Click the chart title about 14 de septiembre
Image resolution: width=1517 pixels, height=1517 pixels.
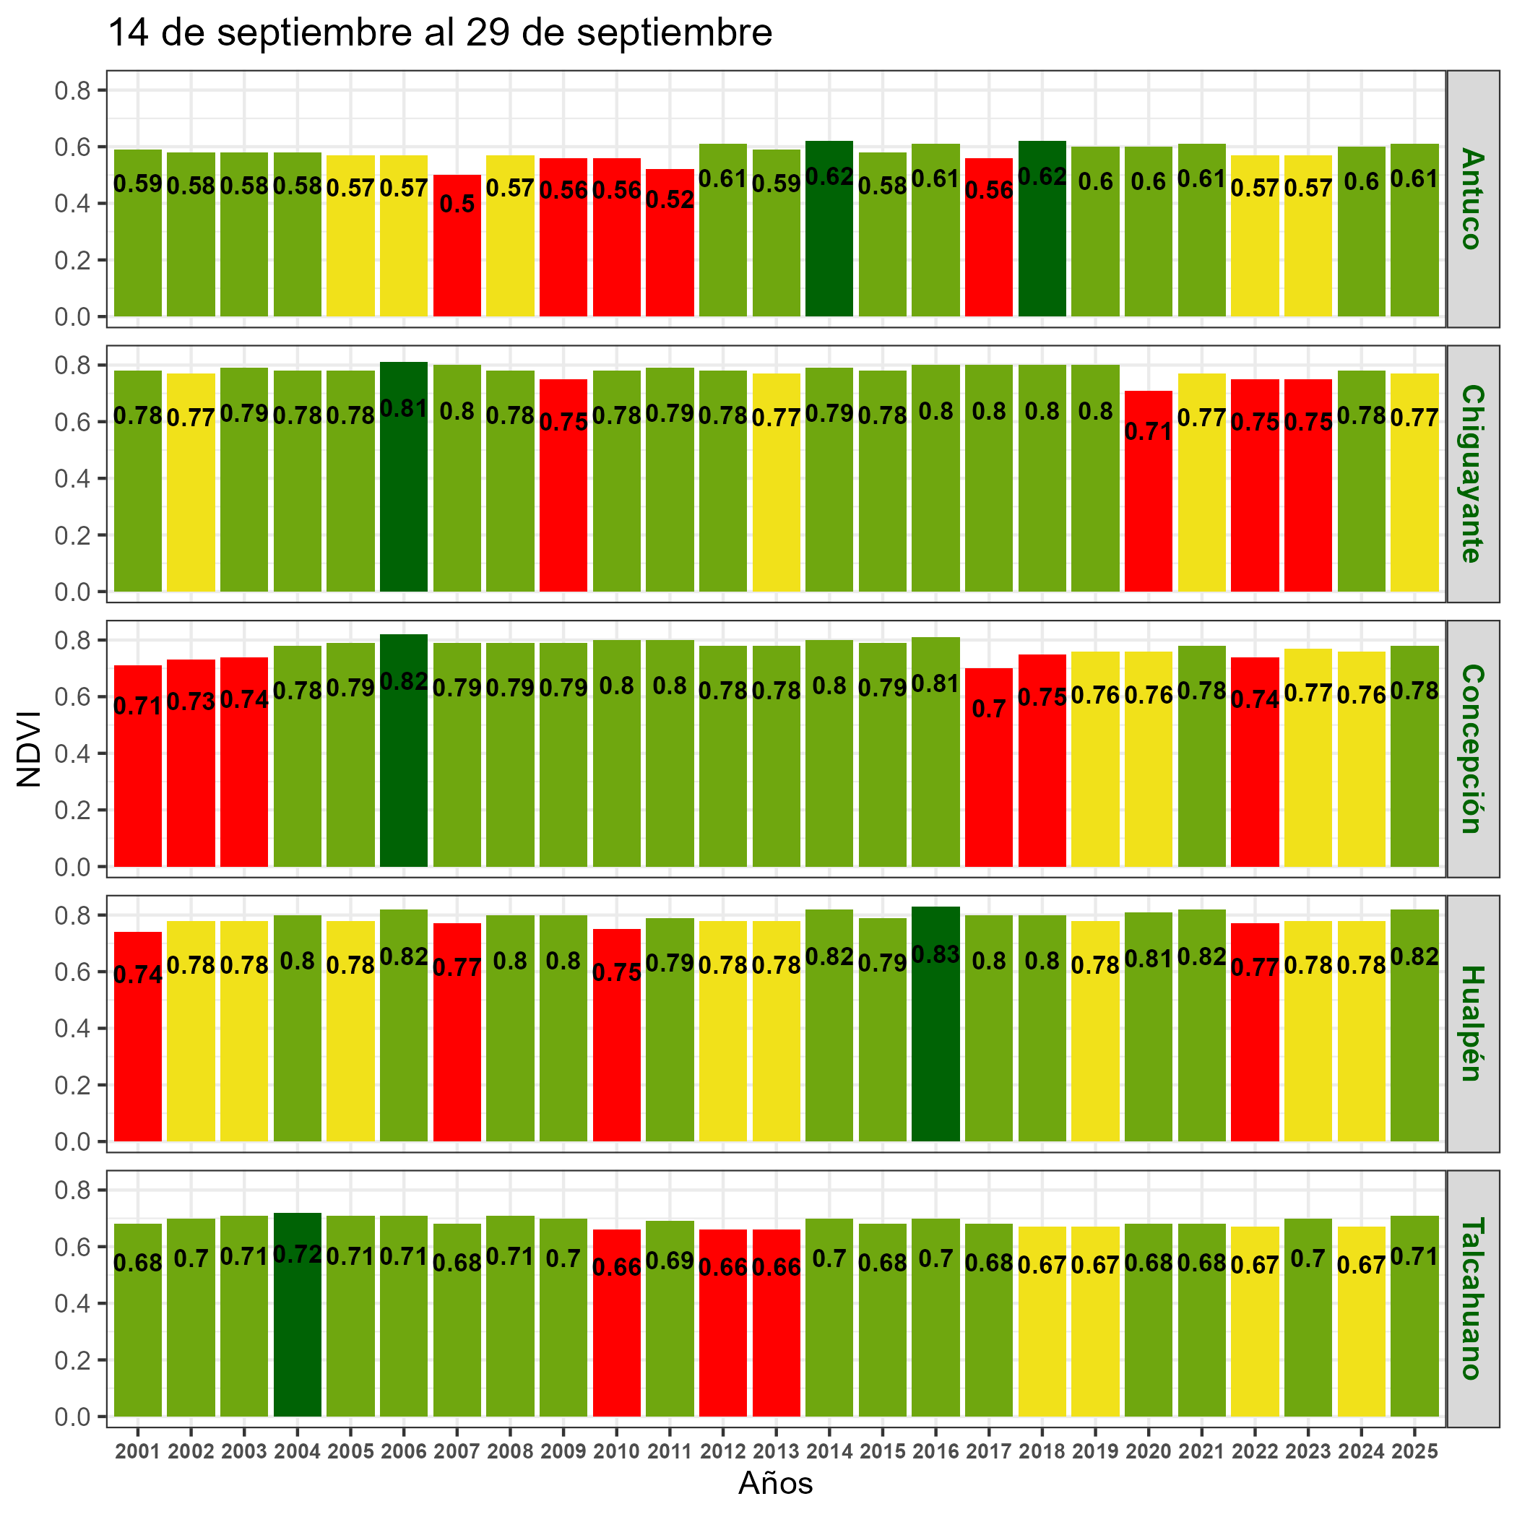tap(440, 34)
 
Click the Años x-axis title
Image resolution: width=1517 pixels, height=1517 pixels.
tap(775, 1483)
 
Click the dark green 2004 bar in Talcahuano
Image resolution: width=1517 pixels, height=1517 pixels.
tap(298, 1335)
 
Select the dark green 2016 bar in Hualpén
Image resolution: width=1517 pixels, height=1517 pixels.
tap(935, 1045)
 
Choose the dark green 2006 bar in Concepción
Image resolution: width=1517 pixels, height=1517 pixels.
tap(404, 769)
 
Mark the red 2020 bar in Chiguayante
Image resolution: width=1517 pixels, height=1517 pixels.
tap(1148, 511)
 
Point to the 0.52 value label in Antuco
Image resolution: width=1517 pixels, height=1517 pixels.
tap(670, 199)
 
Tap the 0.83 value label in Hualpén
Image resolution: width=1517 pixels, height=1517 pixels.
tap(935, 955)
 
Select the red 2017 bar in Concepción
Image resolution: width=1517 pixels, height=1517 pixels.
tap(988, 785)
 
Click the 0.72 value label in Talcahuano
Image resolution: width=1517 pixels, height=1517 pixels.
tap(298, 1255)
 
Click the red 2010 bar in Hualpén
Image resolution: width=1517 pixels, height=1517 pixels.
tap(616, 1053)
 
